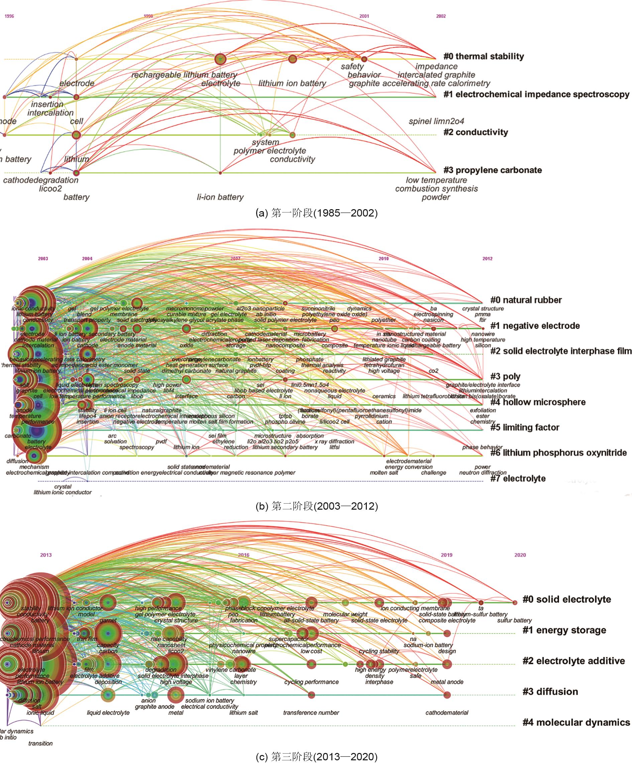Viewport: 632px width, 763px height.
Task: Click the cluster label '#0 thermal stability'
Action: coord(484,56)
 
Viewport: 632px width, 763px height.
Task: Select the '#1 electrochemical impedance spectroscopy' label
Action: coord(536,94)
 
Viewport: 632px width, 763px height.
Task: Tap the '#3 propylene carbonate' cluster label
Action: coord(492,170)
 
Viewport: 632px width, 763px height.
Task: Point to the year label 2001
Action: coord(364,16)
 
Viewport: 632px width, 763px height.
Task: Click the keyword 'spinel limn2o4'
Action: coord(436,121)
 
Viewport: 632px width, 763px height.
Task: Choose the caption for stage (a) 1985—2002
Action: coord(317,213)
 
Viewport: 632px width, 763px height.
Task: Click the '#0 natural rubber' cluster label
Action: coord(526,300)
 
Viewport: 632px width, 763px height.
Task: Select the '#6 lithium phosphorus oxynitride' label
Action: coord(558,453)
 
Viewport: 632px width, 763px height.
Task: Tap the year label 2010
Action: coord(384,259)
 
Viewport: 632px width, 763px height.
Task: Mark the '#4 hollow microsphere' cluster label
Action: coord(538,402)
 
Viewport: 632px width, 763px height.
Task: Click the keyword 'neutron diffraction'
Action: coord(483,473)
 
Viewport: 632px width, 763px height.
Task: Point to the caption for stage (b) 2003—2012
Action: coord(317,506)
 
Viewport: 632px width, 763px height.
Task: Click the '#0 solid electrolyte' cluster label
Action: coord(566,599)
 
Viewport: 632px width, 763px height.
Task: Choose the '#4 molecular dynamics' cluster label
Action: coord(576,722)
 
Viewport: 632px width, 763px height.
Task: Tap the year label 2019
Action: coord(446,555)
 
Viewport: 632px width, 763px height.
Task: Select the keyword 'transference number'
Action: coord(311,713)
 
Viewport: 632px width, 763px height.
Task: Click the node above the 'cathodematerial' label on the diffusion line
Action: coord(447,695)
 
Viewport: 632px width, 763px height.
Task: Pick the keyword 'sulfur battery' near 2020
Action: coord(514,620)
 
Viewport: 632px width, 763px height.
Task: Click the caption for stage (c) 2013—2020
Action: coord(317,757)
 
